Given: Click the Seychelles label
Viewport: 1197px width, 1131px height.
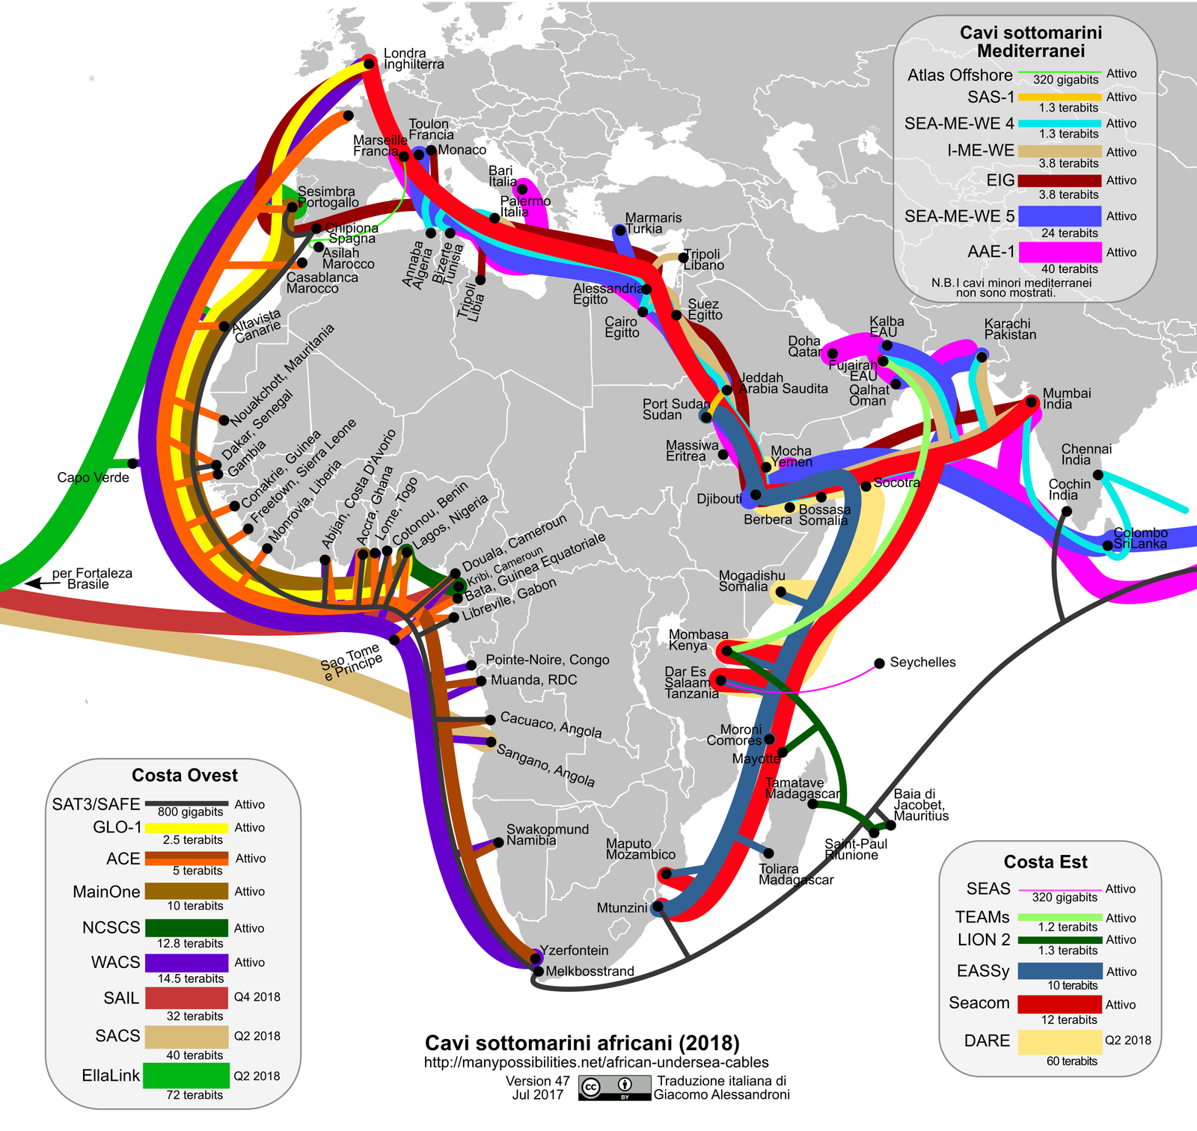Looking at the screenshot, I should (x=922, y=663).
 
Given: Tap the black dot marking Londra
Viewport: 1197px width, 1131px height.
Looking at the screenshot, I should (x=368, y=64).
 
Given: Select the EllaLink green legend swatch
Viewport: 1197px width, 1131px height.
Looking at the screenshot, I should (x=186, y=1076).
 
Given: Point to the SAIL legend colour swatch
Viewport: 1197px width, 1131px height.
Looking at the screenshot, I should (x=186, y=998).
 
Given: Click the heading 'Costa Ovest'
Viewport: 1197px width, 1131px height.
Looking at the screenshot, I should (x=185, y=775).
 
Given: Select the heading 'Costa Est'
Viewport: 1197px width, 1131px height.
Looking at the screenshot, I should (x=1045, y=862).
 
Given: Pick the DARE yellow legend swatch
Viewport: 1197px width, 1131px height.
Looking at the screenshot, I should (x=1059, y=1041).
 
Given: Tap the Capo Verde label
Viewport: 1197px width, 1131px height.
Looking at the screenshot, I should (x=93, y=478).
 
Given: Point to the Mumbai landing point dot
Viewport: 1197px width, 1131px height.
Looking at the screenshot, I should (x=1032, y=402).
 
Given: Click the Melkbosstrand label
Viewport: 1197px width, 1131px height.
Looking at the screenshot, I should (x=590, y=972).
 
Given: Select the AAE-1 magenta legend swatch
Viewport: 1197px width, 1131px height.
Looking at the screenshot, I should (x=1059, y=252).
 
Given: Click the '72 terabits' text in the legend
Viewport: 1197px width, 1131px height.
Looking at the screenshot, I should (x=195, y=1095).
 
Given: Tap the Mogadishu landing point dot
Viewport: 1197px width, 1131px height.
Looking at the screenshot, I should (x=780, y=592).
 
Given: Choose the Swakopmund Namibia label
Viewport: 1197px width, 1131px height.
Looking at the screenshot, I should (x=547, y=835).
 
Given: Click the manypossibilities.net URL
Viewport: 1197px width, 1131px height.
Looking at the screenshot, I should (x=596, y=1062).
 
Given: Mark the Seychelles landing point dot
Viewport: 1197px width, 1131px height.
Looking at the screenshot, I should (x=880, y=663).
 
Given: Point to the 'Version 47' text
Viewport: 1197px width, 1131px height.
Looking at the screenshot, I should (x=537, y=1081).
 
